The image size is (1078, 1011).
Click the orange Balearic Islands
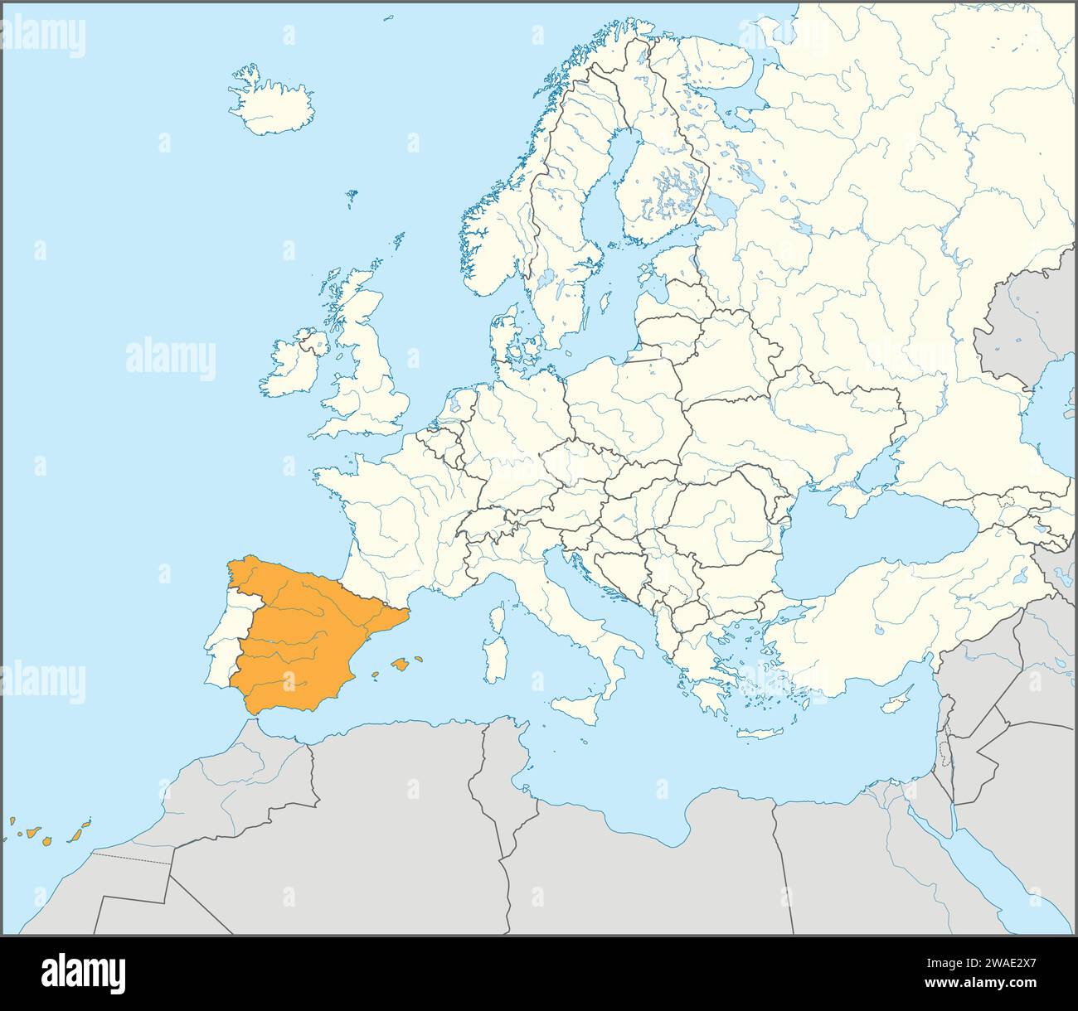(402, 663)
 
